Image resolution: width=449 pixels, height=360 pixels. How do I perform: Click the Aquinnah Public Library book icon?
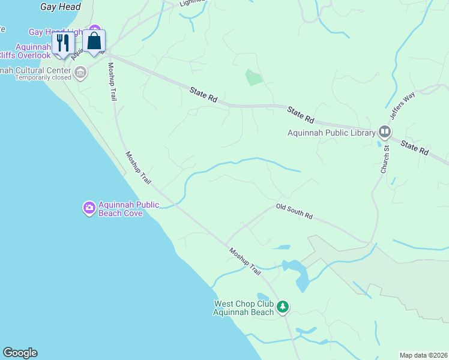click(x=385, y=132)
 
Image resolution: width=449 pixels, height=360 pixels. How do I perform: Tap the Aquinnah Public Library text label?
click(x=331, y=133)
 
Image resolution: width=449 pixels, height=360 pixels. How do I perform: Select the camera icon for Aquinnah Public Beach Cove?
click(x=89, y=208)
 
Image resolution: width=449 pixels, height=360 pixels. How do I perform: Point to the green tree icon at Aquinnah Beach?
click(x=283, y=308)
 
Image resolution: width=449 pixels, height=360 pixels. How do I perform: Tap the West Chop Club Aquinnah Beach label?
click(x=244, y=308)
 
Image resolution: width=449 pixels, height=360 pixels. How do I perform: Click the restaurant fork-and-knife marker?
click(x=62, y=43)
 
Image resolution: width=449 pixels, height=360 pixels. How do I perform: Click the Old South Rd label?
click(x=294, y=211)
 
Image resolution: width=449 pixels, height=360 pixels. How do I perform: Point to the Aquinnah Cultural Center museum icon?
click(x=80, y=73)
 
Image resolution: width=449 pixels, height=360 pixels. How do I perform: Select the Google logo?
click(x=20, y=353)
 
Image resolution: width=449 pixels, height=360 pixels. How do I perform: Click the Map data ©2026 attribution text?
click(x=423, y=355)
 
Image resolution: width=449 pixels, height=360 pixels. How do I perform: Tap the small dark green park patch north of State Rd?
click(x=254, y=77)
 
